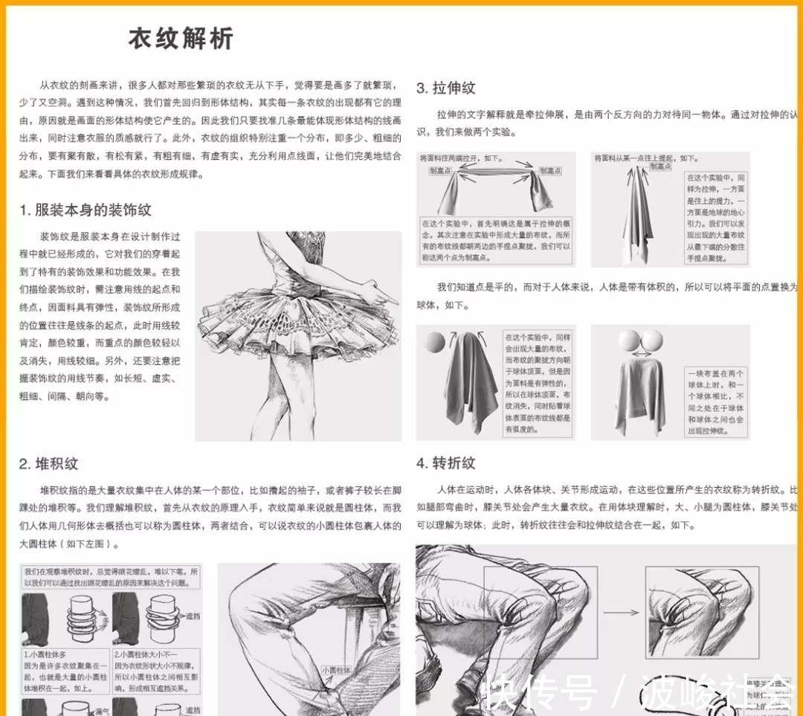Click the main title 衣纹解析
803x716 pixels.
pos(181,39)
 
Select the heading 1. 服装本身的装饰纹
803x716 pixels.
pos(86,210)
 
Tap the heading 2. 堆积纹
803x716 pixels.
pos(48,464)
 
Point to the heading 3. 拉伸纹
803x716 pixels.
pos(445,88)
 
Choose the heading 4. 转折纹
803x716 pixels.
pos(445,463)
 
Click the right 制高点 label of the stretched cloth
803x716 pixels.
pos(549,171)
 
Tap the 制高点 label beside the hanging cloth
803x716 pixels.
pos(660,167)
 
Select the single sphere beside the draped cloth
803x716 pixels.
pos(435,342)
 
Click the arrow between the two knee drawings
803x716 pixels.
pos(620,613)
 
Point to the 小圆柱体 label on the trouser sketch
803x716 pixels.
pos(336,670)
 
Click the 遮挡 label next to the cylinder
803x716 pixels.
pos(193,616)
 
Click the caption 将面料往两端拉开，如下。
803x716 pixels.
pos(461,158)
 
